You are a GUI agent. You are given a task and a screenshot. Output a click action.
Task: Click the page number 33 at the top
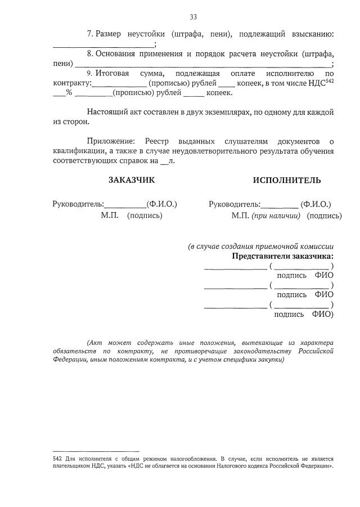[193, 16]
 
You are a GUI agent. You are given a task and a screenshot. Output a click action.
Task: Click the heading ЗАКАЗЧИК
[131, 180]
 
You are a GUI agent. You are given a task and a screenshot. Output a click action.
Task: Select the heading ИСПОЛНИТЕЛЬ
[287, 180]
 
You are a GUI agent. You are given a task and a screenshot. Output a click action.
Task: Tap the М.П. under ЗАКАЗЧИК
[110, 215]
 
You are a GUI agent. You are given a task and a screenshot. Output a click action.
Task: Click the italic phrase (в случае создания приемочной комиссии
[260, 246]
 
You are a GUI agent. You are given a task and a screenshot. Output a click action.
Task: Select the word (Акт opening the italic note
[96, 343]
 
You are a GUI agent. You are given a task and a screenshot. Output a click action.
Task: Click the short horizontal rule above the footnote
[87, 451]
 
